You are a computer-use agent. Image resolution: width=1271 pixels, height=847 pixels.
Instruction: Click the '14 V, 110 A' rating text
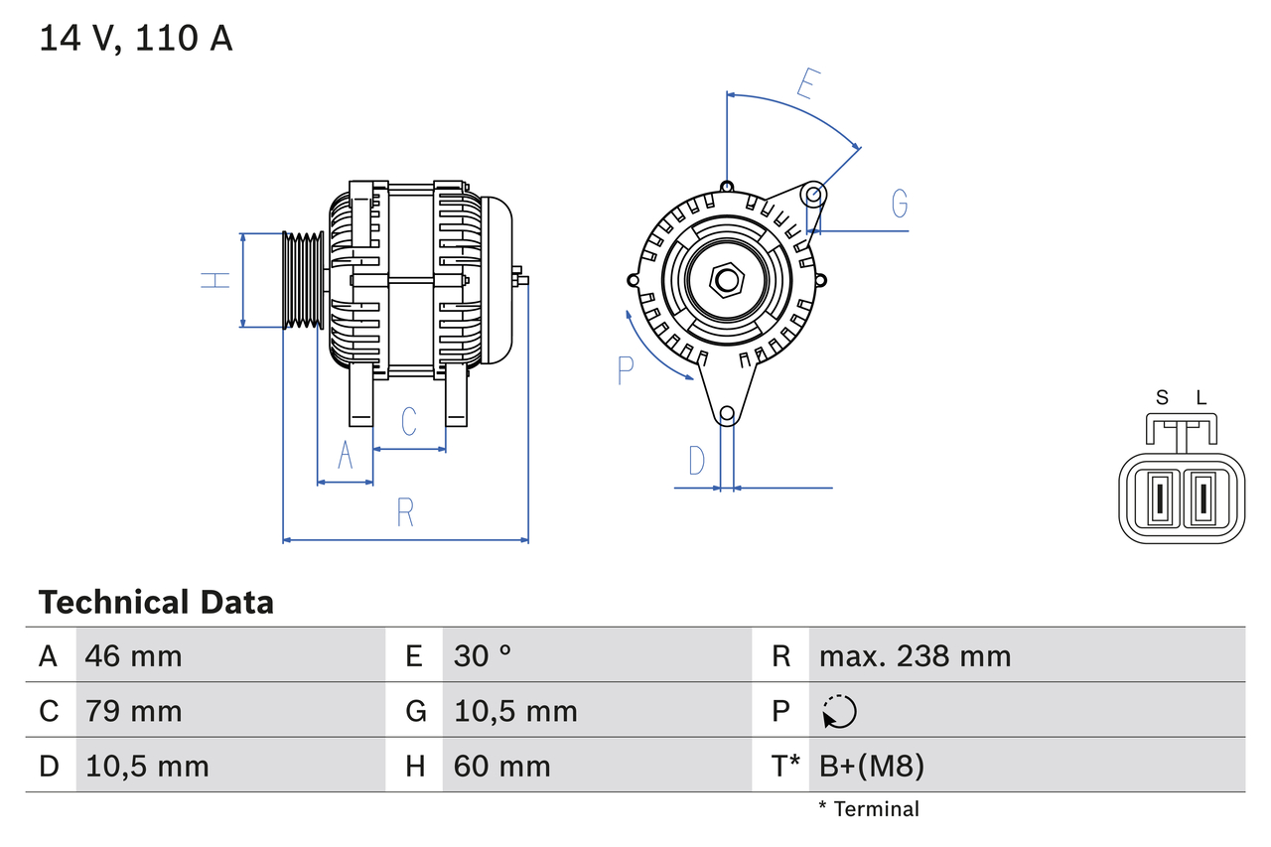point(136,39)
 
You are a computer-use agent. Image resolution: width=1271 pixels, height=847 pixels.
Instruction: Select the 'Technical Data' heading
point(156,602)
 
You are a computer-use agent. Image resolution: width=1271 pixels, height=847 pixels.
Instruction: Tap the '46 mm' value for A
point(133,655)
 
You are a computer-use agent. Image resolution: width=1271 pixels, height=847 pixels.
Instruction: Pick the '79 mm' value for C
point(133,711)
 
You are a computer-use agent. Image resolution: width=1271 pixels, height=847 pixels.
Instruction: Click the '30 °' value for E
point(483,655)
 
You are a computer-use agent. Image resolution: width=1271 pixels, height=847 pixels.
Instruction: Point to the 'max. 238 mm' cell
point(915,655)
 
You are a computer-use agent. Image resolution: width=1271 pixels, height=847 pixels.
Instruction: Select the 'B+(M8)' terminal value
point(872,766)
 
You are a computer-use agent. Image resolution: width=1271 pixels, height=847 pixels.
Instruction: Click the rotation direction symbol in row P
point(839,712)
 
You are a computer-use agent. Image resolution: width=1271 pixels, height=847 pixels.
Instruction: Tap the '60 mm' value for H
point(501,766)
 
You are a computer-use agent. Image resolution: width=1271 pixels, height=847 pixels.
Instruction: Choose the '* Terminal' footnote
point(869,808)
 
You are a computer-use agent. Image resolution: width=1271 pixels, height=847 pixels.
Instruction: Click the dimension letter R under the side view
point(405,513)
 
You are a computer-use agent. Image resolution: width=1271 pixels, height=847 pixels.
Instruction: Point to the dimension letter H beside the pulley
point(215,280)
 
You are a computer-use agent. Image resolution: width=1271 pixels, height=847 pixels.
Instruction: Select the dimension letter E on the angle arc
point(807,85)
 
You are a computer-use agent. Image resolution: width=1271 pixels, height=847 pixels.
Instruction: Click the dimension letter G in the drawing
point(900,204)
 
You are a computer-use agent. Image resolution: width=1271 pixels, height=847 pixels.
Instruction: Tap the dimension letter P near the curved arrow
point(625,370)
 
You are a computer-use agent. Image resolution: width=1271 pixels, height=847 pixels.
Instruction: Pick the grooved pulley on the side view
point(303,280)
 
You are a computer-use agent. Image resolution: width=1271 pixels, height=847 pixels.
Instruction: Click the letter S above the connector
point(1162,398)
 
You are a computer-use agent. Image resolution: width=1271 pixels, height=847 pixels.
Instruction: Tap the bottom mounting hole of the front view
point(727,413)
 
